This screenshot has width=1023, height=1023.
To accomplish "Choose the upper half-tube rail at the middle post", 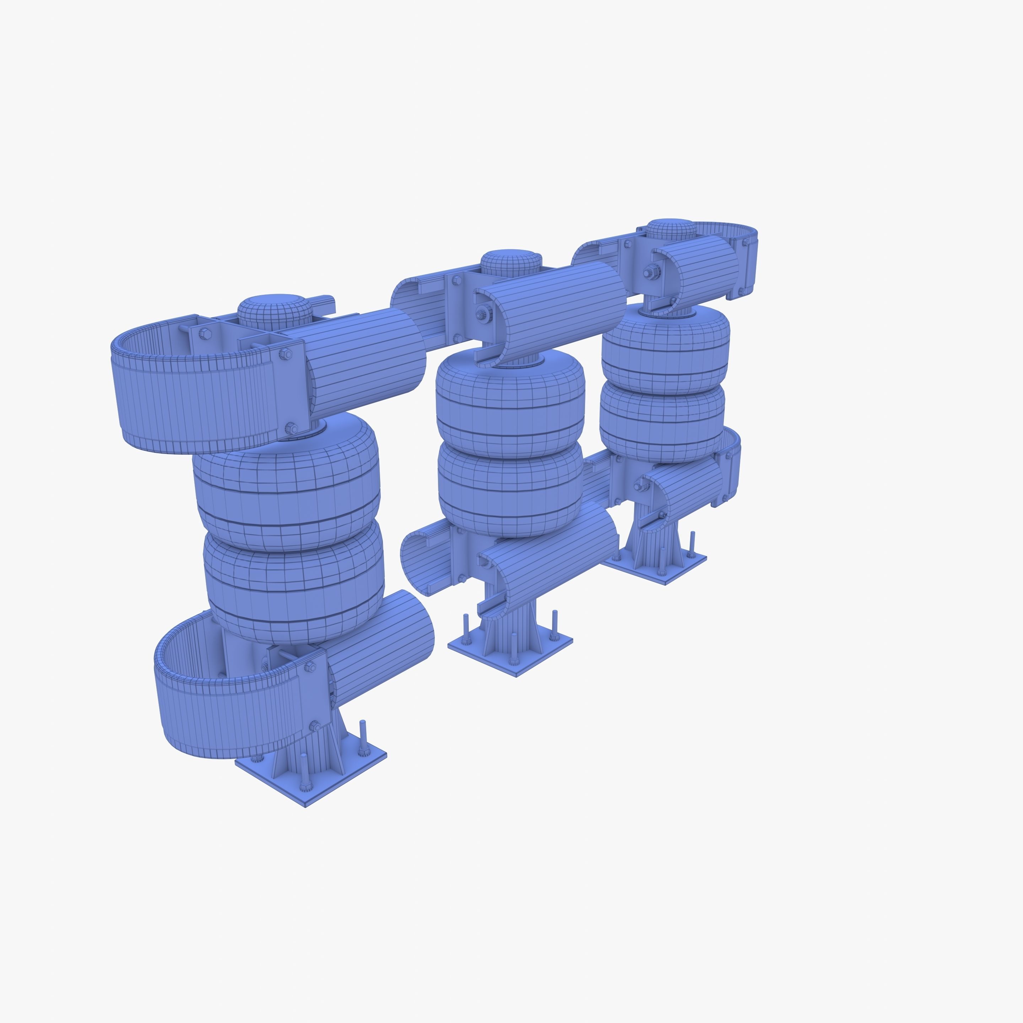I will pyautogui.click(x=556, y=307).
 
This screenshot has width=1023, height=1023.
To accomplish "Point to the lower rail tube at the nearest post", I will pyautogui.click(x=381, y=646).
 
